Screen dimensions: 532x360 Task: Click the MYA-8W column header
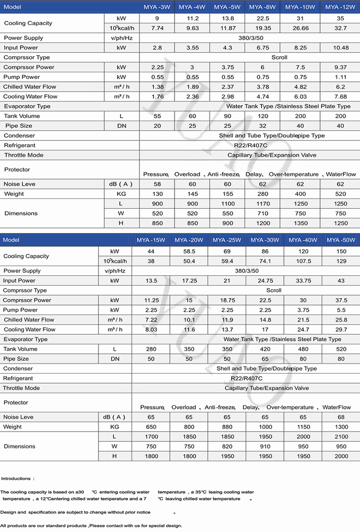tap(263, 7)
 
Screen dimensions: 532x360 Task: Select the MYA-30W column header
tap(265, 240)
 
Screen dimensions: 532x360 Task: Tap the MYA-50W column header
tap(341, 240)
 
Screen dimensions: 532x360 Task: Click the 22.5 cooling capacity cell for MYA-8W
tap(263, 19)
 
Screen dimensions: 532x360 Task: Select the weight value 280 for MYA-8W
tap(263, 194)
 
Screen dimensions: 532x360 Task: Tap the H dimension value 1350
tap(301, 223)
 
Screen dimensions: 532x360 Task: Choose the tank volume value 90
tap(227, 116)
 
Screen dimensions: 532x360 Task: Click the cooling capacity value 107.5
tap(303, 261)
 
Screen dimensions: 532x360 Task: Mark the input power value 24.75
tap(265, 281)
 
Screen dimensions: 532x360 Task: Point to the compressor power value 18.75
tap(227, 300)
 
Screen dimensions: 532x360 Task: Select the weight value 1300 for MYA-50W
tap(341, 427)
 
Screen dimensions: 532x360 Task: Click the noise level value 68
tap(341, 417)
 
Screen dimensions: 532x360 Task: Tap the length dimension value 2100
tap(341, 437)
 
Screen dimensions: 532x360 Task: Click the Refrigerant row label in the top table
tap(19, 146)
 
